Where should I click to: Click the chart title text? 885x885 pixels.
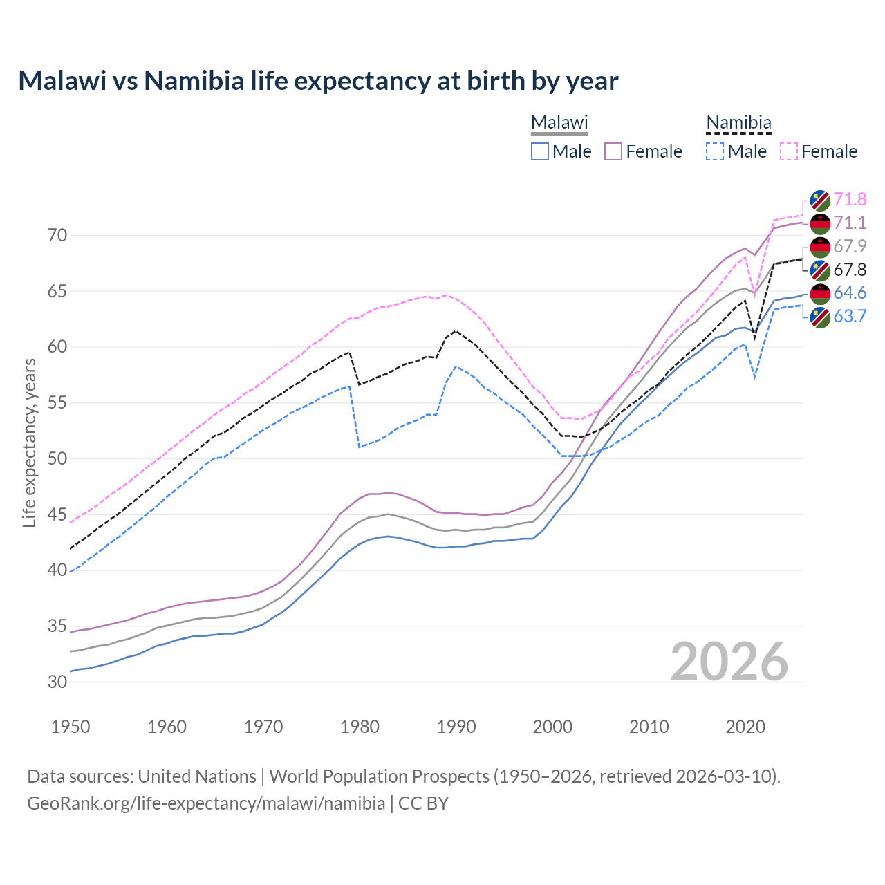click(x=318, y=81)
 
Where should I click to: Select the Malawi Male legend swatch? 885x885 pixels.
click(x=540, y=151)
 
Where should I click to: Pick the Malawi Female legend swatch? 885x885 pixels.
click(x=613, y=151)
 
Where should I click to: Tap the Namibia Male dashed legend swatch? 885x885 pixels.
click(x=715, y=151)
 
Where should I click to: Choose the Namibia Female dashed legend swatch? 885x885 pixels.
click(x=789, y=151)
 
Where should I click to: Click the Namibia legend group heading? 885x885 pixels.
click(x=738, y=123)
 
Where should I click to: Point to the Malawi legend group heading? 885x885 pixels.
click(x=559, y=123)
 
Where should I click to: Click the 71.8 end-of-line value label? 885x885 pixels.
click(x=850, y=200)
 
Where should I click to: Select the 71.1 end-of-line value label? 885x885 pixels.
click(x=850, y=223)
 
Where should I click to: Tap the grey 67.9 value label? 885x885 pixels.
click(x=850, y=246)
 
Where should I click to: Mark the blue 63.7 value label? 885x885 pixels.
click(x=850, y=317)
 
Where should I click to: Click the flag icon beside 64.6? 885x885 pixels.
click(x=820, y=293)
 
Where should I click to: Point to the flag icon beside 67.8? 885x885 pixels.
click(x=820, y=270)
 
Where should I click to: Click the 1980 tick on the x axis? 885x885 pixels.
click(x=360, y=727)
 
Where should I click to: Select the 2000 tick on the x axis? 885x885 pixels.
click(x=553, y=727)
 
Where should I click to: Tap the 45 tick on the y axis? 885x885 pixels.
click(x=57, y=515)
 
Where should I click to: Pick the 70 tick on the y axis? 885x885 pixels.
click(x=57, y=236)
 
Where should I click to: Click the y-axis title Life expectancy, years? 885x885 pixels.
click(x=29, y=442)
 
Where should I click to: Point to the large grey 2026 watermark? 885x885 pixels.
click(x=729, y=662)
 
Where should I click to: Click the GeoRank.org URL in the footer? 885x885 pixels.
click(x=206, y=803)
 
